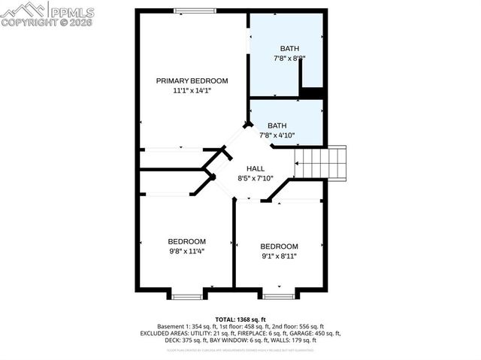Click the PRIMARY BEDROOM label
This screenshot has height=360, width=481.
click(x=192, y=80)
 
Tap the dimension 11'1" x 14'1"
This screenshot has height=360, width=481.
click(x=192, y=90)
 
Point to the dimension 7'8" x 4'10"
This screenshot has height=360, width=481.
click(x=277, y=136)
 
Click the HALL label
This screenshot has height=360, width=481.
click(x=256, y=169)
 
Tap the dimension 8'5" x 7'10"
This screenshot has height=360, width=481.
click(x=256, y=179)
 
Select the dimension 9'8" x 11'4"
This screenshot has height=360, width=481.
click(x=186, y=251)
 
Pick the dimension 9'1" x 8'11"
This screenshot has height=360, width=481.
click(x=279, y=256)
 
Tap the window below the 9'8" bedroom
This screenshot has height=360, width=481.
click(x=187, y=295)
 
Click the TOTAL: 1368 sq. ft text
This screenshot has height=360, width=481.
click(x=240, y=319)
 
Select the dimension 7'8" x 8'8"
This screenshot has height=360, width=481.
click(x=289, y=57)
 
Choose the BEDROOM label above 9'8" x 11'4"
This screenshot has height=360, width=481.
click(x=186, y=241)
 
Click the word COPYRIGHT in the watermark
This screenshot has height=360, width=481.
click(x=25, y=23)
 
